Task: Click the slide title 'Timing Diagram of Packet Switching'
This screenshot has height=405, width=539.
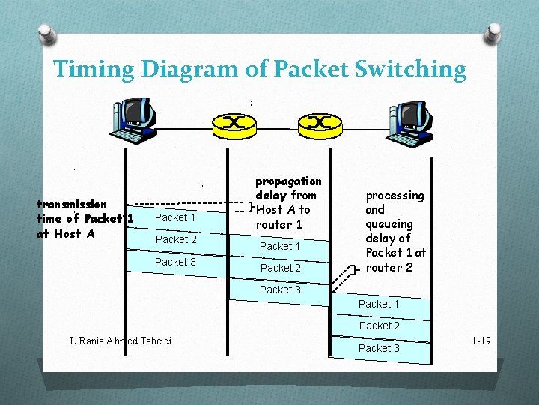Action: coord(260,70)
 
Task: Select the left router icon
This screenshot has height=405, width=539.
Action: coord(234,124)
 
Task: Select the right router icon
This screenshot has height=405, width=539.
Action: coord(320,124)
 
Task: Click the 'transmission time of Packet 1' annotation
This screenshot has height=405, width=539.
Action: coord(84,218)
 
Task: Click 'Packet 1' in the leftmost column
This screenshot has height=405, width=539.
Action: coord(175,217)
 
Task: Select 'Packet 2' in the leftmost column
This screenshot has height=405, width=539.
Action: coord(176,239)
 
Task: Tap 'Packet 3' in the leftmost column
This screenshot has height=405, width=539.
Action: coord(175,262)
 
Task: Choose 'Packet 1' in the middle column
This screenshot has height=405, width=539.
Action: coord(280,246)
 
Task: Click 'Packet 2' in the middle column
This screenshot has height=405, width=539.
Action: coord(280,268)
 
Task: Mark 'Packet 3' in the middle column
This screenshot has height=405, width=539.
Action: coord(280,289)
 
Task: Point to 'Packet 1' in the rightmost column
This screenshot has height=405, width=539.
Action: coord(379,304)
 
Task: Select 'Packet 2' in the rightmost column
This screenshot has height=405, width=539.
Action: coord(379,325)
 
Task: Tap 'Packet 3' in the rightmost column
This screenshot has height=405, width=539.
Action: coord(379,348)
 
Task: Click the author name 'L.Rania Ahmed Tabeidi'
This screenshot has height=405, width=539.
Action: coord(121,341)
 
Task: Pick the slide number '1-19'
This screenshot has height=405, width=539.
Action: coord(481,341)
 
